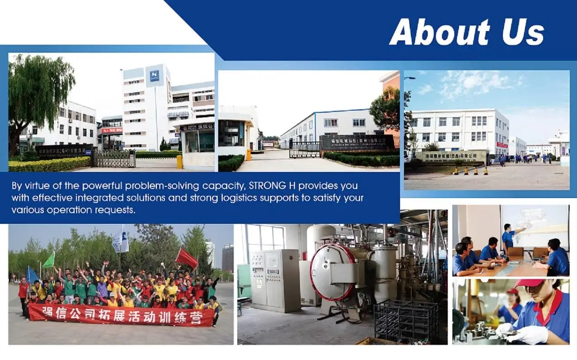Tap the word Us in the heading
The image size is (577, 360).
[x=522, y=32]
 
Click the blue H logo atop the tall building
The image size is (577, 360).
[x=155, y=74]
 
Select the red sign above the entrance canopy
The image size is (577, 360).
[x=112, y=130]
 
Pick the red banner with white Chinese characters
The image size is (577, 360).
[x=121, y=315]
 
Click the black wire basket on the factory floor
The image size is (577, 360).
[x=406, y=321]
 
